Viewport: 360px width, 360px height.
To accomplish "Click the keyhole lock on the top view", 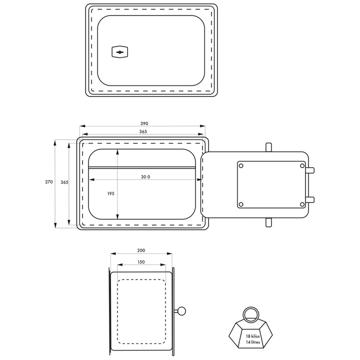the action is pyautogui.click(x=119, y=52).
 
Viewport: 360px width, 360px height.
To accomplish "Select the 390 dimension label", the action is pyautogui.click(x=144, y=123).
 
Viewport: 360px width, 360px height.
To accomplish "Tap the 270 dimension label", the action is pyautogui.click(x=49, y=182).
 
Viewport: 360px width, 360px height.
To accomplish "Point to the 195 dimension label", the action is pyautogui.click(x=110, y=193).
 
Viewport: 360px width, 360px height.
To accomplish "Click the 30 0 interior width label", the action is pyautogui.click(x=145, y=177).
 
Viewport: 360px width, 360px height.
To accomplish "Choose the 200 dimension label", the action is pyautogui.click(x=141, y=250).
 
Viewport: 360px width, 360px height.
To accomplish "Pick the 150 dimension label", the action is pyautogui.click(x=141, y=262).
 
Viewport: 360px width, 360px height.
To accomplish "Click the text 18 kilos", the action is pyautogui.click(x=253, y=336).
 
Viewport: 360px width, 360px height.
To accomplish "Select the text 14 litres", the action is pyautogui.click(x=253, y=342).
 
